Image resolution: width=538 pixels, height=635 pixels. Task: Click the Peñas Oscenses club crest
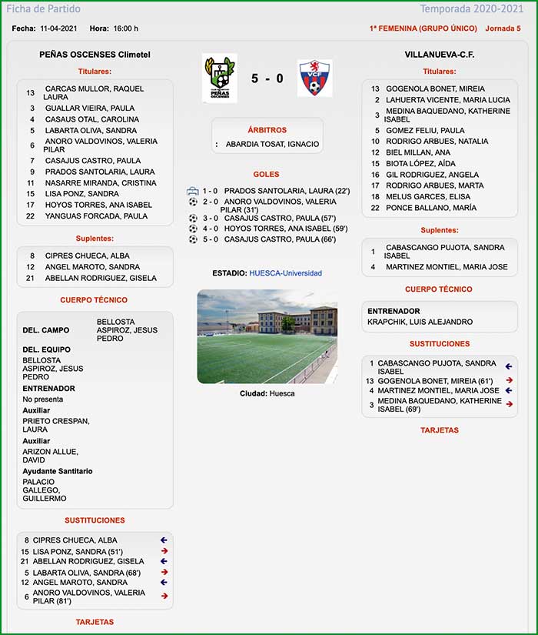[x=219, y=78]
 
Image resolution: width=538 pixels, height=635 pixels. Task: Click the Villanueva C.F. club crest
[x=314, y=78]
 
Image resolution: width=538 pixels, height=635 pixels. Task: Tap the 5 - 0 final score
[x=267, y=79]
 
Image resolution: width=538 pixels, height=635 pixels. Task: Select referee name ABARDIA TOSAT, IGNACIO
[x=272, y=144]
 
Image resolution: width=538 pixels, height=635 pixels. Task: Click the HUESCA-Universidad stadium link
[x=285, y=273]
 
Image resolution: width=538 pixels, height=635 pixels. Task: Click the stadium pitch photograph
[x=267, y=336]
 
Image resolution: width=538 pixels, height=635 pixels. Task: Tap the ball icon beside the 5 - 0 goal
[x=193, y=239]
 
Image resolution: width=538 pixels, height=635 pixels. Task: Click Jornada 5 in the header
[x=503, y=28]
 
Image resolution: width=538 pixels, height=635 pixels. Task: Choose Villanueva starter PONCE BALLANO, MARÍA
[x=431, y=208]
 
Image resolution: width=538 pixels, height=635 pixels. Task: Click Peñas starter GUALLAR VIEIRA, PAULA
[x=90, y=109]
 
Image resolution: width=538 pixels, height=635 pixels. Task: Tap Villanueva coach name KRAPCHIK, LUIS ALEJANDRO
[x=420, y=322]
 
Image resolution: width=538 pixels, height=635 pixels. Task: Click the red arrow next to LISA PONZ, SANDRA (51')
[x=164, y=551]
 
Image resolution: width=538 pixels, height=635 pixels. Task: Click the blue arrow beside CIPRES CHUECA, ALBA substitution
[x=164, y=540]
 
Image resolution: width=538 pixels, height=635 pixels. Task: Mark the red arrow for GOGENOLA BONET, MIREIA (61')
[x=509, y=380]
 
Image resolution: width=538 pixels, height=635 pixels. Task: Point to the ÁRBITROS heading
[x=267, y=130]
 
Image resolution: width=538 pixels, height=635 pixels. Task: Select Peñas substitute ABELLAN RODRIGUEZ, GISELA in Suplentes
[x=101, y=278]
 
